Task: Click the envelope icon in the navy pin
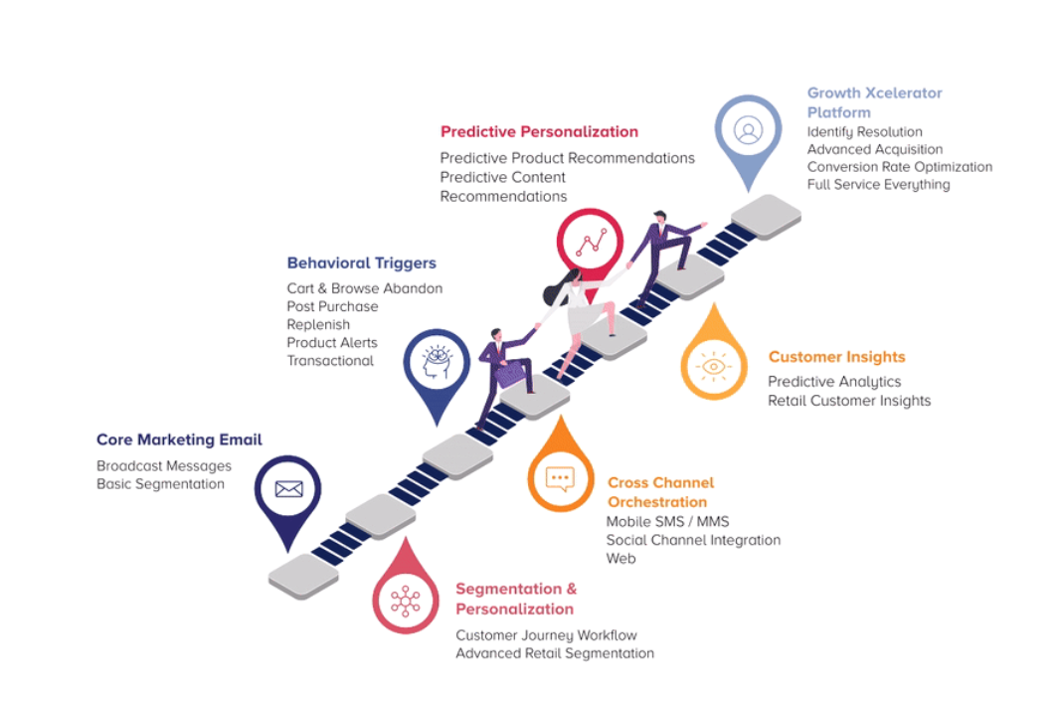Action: point(288,488)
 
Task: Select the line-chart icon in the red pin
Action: point(591,242)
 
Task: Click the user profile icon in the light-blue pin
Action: point(749,129)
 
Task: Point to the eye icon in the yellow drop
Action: point(714,366)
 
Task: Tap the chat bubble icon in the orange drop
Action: point(560,479)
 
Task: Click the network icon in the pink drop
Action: point(406,602)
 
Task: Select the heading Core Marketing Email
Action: point(179,439)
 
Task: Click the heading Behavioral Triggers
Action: point(362,263)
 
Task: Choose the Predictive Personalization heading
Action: point(539,131)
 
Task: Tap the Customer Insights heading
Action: point(836,357)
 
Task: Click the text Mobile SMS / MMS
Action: point(667,522)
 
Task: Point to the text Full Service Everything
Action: point(879,185)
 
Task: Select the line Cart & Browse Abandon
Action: point(364,288)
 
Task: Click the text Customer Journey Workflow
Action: point(546,635)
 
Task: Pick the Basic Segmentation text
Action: point(161,484)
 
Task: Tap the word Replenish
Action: point(318,324)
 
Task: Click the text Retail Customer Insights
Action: point(849,401)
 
